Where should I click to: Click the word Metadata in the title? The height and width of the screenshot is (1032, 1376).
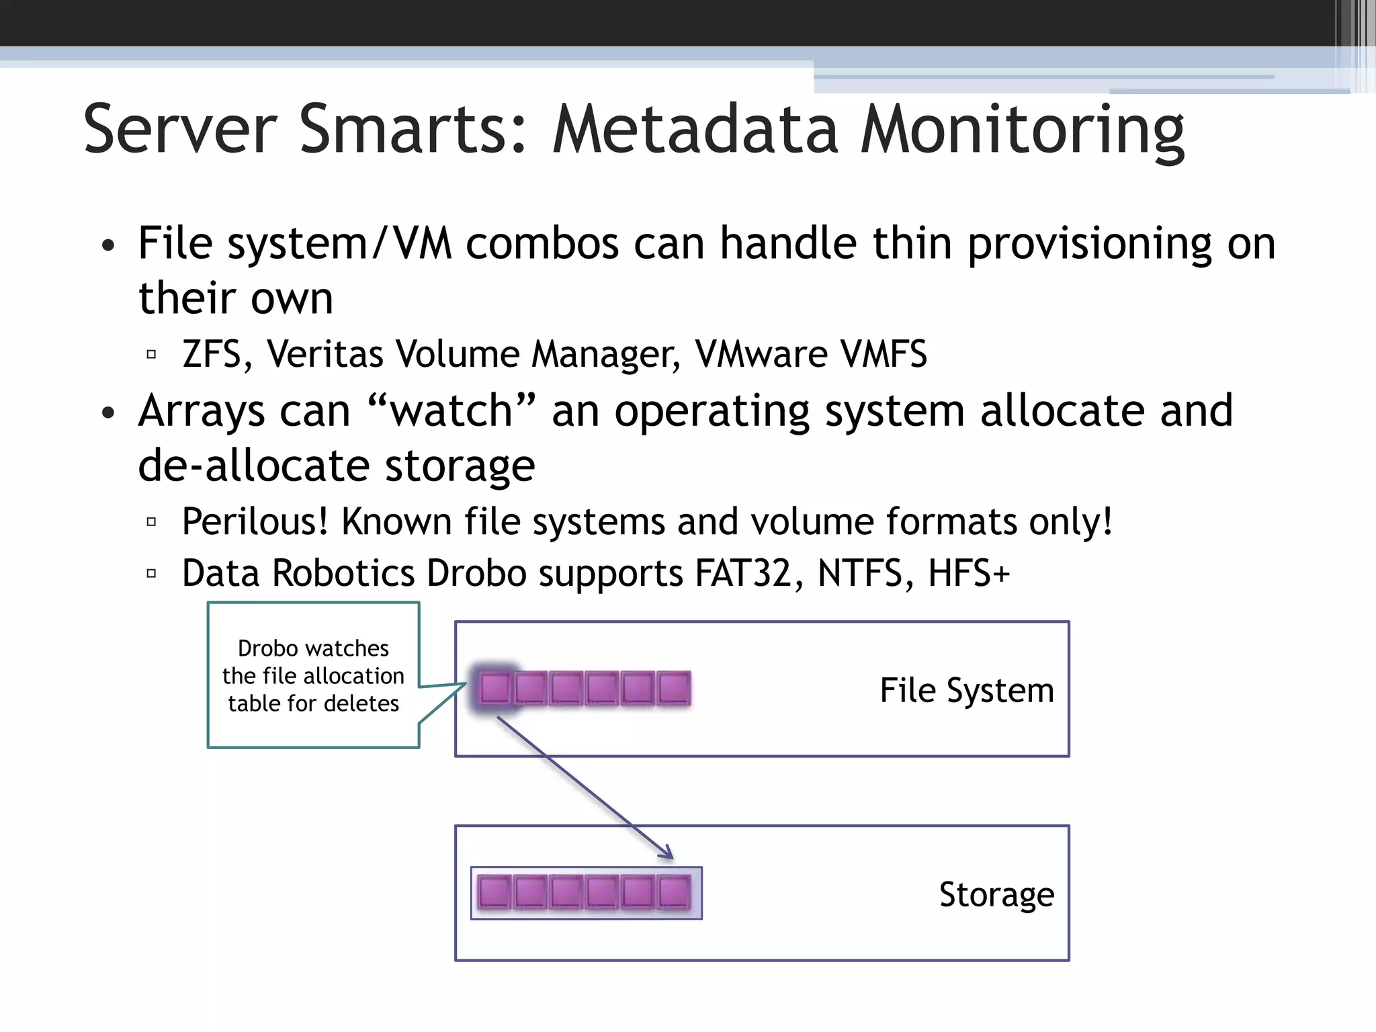tap(695, 129)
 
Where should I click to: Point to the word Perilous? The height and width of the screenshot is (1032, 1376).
tap(255, 521)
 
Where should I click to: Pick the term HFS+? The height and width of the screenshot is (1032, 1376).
tap(968, 573)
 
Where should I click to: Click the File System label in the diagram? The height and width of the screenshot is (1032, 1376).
tap(966, 690)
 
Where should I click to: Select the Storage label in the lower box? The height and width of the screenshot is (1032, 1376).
tap(996, 894)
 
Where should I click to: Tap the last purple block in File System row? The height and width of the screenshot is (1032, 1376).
tap(673, 689)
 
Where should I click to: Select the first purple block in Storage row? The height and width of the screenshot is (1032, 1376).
tap(494, 893)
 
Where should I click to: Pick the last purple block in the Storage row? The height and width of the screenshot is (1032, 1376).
tap(673, 893)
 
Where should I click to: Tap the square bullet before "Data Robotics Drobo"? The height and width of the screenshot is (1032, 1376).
tap(151, 574)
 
